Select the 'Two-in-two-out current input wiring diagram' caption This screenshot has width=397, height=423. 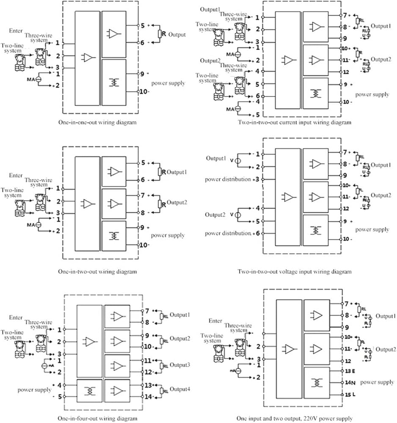[x=294, y=123]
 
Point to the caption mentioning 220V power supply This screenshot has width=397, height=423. [x=294, y=418]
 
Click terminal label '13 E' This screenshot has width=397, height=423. [x=350, y=371]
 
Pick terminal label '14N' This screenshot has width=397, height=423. [x=349, y=382]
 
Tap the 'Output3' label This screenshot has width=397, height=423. [x=180, y=365]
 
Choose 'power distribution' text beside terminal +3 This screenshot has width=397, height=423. [x=228, y=179]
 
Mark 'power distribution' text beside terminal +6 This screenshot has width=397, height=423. [x=228, y=233]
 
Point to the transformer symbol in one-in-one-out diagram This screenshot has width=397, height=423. [x=113, y=82]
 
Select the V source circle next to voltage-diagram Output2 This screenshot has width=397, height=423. [x=237, y=215]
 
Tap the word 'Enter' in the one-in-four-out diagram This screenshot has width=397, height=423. [x=16, y=317]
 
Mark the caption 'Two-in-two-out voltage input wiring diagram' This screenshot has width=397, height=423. [x=294, y=271]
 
